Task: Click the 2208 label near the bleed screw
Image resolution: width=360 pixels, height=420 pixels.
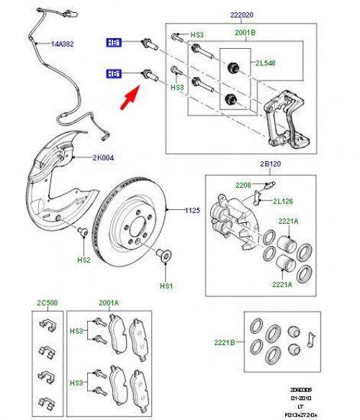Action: (243, 185)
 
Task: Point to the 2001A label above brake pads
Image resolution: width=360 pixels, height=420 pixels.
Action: (109, 303)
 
